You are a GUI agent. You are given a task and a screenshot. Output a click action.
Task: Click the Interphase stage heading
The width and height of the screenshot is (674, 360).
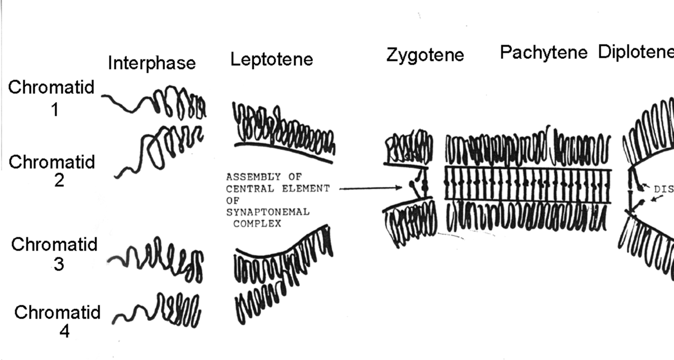pos(152,64)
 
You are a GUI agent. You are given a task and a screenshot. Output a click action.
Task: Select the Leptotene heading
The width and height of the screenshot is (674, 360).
pos(271,60)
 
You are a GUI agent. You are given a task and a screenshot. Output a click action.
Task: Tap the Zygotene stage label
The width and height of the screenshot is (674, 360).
pos(425,55)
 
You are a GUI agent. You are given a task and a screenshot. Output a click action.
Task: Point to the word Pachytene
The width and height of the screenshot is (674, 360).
pos(544,52)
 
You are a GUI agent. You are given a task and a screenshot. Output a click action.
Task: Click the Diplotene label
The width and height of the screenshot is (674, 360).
pos(636,52)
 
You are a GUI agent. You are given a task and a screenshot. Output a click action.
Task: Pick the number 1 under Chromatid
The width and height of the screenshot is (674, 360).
pos(55,110)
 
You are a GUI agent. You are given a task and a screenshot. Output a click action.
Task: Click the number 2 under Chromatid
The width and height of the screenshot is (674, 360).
pos(59,180)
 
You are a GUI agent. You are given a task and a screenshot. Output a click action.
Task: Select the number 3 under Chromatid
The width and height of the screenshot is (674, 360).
pos(59,264)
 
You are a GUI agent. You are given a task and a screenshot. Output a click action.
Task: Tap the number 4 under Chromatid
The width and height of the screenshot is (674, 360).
pos(64,331)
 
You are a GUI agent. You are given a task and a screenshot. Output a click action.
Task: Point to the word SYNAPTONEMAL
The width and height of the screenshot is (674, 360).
pos(267,212)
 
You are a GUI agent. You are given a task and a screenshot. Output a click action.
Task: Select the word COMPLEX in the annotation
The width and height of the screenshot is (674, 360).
pos(257,223)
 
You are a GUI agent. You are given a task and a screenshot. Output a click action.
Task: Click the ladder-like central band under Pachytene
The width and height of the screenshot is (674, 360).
pos(527,185)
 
